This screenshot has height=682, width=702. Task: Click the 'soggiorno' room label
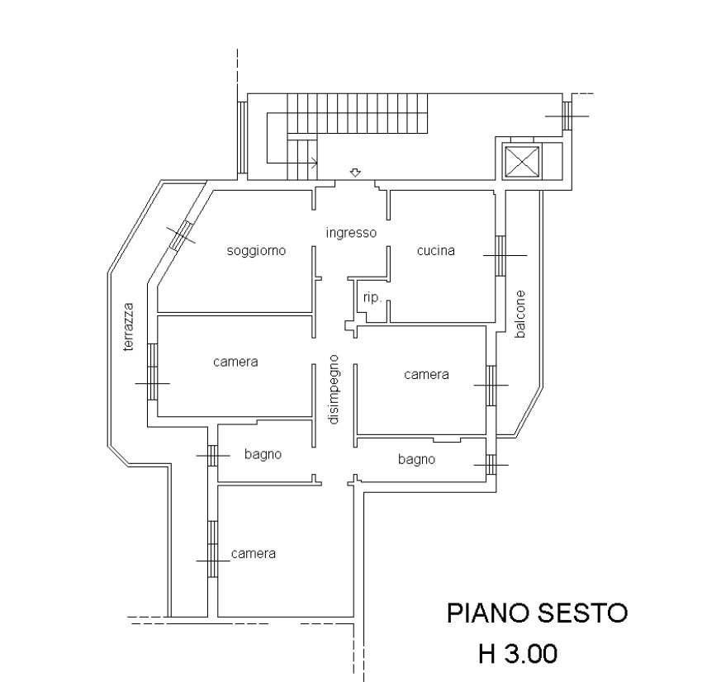256,251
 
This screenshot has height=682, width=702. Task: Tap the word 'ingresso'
351,233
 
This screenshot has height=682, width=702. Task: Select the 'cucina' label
435,251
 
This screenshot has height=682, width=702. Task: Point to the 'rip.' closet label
372,297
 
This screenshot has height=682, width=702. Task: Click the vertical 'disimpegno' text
334,390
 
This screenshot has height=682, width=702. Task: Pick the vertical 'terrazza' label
129,327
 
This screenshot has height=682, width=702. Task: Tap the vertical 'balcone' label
519,314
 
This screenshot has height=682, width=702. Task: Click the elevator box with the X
522,161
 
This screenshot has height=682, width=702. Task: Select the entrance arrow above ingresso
355,173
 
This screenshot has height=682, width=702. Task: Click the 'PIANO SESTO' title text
538,613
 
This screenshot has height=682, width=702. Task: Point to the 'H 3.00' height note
518,653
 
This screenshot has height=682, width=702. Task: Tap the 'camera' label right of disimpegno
426,375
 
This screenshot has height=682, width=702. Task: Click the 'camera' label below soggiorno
235,362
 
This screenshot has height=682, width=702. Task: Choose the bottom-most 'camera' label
254,553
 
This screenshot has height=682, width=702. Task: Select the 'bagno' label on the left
263,455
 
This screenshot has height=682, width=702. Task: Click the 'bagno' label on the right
416,460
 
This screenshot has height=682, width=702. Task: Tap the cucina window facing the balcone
500,255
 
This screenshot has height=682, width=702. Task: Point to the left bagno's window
212,456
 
